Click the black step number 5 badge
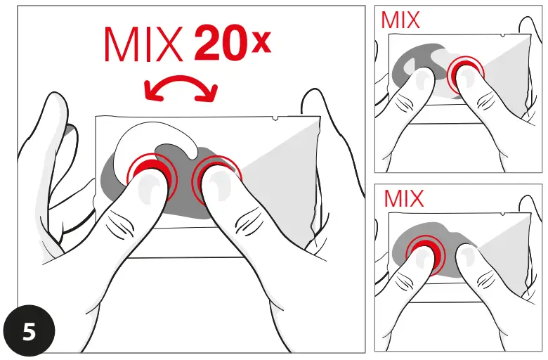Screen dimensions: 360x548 coord(29,331)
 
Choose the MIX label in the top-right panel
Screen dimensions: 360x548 coord(400,20)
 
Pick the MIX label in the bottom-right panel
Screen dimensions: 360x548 coord(404,198)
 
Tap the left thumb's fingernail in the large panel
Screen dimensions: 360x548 coord(149,188)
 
